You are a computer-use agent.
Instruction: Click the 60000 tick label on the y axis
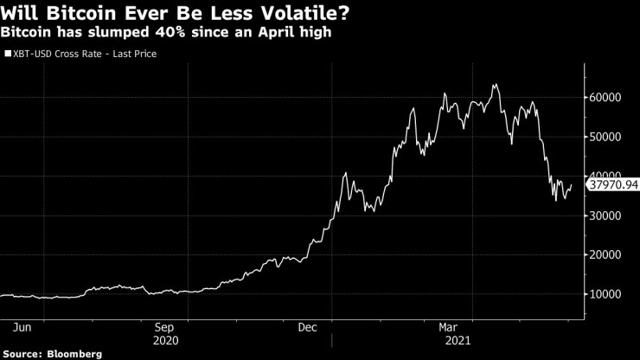pos(607,97)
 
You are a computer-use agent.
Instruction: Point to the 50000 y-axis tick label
pos(607,137)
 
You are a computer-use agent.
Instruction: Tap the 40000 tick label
pos(607,176)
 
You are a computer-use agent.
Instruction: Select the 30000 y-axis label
pos(607,215)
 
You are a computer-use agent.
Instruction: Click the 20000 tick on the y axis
pos(607,255)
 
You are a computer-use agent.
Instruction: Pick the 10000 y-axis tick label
pos(607,294)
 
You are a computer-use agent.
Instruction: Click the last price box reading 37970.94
pos(613,184)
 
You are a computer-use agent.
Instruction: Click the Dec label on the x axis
pos(308,327)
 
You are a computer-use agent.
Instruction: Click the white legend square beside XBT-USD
pos(8,54)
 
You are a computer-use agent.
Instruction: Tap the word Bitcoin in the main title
pos(68,13)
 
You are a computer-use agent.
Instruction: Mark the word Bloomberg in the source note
pos(75,354)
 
